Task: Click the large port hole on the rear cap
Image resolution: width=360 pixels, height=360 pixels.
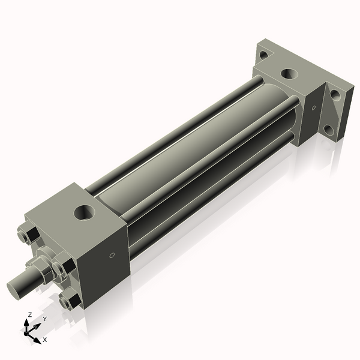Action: [289, 74]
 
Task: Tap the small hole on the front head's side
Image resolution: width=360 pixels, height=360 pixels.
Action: [112, 256]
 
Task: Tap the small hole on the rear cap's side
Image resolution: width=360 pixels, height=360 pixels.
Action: [313, 108]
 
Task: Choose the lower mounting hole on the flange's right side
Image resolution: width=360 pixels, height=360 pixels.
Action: [328, 128]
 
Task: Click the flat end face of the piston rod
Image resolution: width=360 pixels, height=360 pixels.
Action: [14, 287]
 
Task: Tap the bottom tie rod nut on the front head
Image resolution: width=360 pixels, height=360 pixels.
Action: [70, 298]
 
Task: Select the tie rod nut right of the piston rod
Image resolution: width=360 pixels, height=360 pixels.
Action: [65, 267]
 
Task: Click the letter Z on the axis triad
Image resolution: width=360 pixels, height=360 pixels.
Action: [30, 315]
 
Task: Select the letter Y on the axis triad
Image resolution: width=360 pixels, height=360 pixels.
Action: [44, 319]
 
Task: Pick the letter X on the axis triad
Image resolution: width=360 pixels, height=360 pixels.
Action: [44, 340]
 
